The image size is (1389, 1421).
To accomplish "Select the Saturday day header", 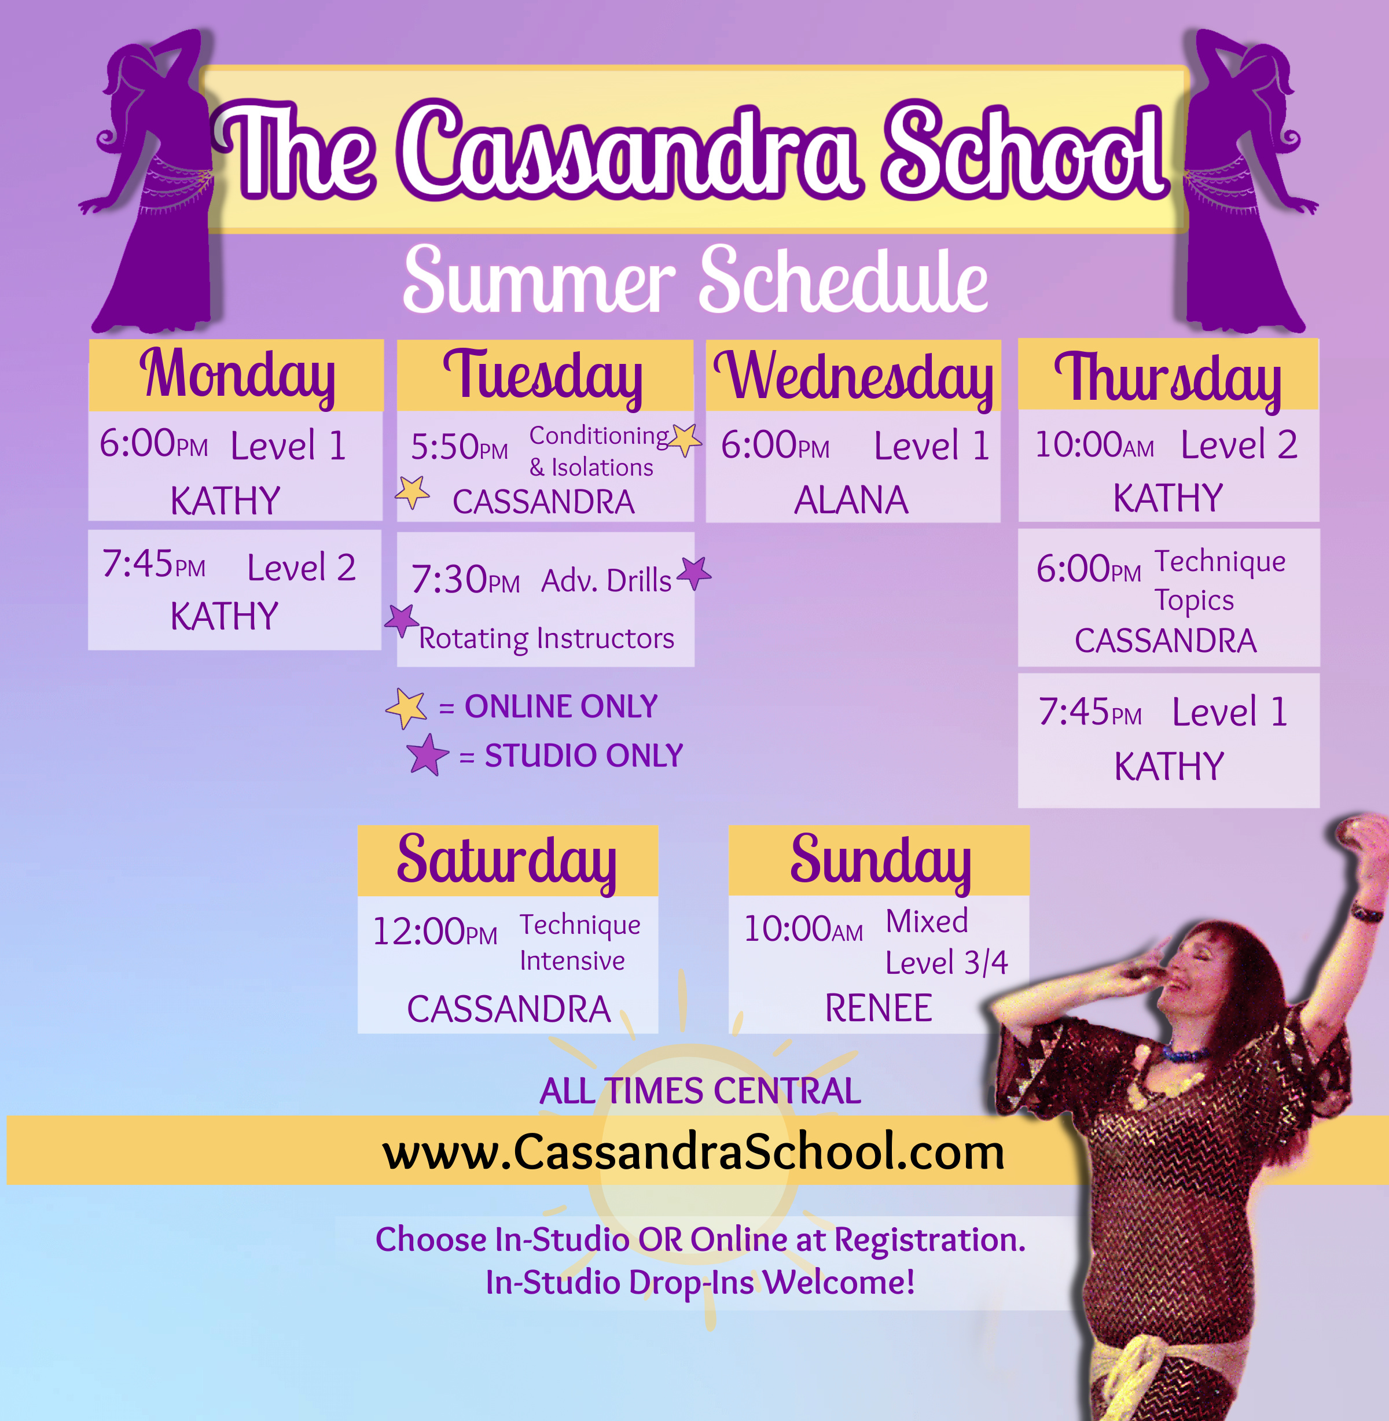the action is pyautogui.click(x=507, y=862).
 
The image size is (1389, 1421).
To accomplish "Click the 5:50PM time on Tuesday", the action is pyautogui.click(x=459, y=447).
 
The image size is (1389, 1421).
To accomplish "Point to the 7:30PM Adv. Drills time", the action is pyautogui.click(x=465, y=579).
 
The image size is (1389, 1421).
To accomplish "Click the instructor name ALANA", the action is pyautogui.click(x=851, y=500).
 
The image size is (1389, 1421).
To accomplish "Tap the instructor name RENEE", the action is pyautogui.click(x=879, y=1008).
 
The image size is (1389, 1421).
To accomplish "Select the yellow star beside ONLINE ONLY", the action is pyautogui.click(x=407, y=708).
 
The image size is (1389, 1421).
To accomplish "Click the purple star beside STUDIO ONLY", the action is pyautogui.click(x=428, y=755).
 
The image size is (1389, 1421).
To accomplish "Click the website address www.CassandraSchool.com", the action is pyautogui.click(x=693, y=1152).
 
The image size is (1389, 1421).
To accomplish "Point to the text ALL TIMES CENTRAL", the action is pyautogui.click(x=700, y=1091).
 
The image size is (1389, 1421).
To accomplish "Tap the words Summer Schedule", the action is pyautogui.click(x=695, y=279).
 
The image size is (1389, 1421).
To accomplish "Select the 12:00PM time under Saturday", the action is pyautogui.click(x=435, y=932).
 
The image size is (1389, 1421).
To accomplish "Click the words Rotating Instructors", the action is pyautogui.click(x=546, y=638).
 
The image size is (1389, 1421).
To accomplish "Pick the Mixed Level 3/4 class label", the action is pyautogui.click(x=946, y=942).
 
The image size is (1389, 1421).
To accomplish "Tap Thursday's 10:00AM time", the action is pyautogui.click(x=1094, y=444).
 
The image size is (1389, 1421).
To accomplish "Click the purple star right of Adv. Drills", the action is pyautogui.click(x=694, y=573).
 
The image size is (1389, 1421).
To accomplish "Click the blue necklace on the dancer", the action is pyautogui.click(x=1185, y=1052).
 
